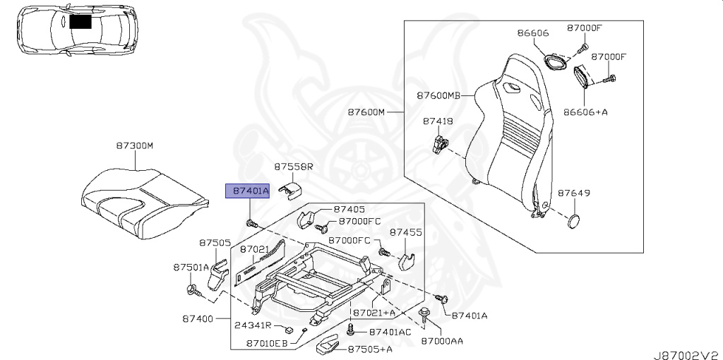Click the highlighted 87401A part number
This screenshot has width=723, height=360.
247,191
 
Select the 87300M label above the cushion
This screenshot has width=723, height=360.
135,145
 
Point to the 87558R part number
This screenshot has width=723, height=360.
293,167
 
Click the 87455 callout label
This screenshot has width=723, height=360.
406,232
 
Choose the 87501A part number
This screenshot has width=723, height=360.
191,268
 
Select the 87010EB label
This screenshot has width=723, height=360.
267,344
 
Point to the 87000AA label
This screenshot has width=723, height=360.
442,341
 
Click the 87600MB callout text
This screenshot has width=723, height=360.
438,95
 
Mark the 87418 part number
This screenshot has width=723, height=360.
438,121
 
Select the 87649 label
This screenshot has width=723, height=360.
574,192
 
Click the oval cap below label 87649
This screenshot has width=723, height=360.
573,221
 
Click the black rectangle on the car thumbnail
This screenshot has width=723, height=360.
80,22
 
